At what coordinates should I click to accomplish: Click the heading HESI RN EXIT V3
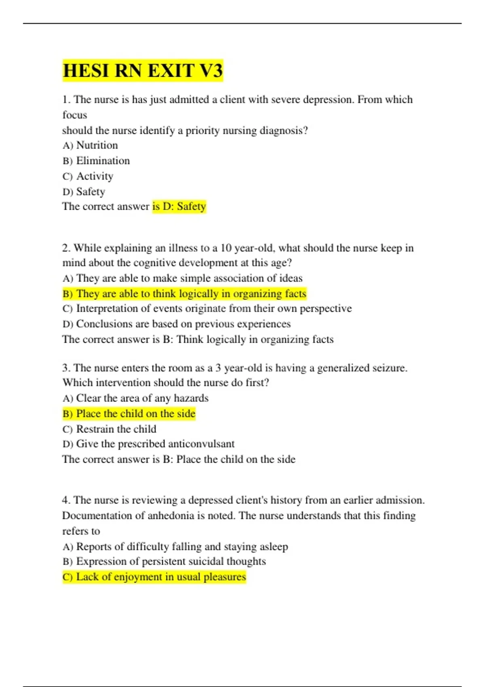coord(143,71)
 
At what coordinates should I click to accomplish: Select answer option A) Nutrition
coord(90,145)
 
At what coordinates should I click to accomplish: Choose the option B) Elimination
coord(96,161)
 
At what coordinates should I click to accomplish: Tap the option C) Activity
coord(88,176)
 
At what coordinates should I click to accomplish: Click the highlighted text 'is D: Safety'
coord(179,207)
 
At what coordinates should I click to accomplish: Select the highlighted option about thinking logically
coord(184,293)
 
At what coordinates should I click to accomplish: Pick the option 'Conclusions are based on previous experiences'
coord(177,324)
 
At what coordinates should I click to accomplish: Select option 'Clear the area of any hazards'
coord(135,398)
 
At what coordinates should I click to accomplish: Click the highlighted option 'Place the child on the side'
coord(129,414)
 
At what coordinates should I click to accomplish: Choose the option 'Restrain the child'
coord(109,429)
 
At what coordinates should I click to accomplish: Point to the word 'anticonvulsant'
coord(201,444)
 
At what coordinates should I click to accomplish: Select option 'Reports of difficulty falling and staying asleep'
coord(175,547)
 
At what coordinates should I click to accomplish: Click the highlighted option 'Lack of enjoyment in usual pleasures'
coord(154,577)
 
